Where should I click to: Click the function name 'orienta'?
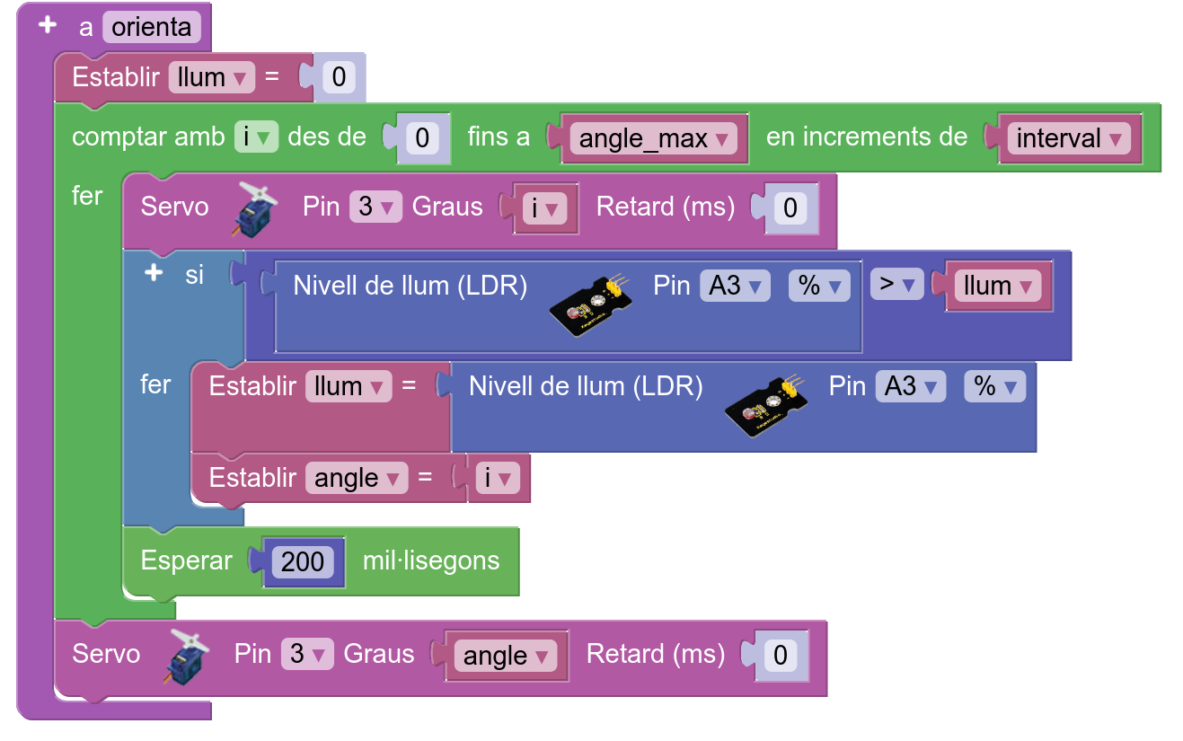[151, 27]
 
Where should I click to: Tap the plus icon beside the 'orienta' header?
[49, 25]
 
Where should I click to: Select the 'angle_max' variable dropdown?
[654, 138]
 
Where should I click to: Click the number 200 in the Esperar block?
[303, 561]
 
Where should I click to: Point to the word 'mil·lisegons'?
[430, 560]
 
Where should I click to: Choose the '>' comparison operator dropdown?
[896, 286]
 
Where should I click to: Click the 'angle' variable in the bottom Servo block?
[506, 656]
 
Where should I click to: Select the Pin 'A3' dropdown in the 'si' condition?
[735, 286]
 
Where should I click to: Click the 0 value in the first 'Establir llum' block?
[339, 77]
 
